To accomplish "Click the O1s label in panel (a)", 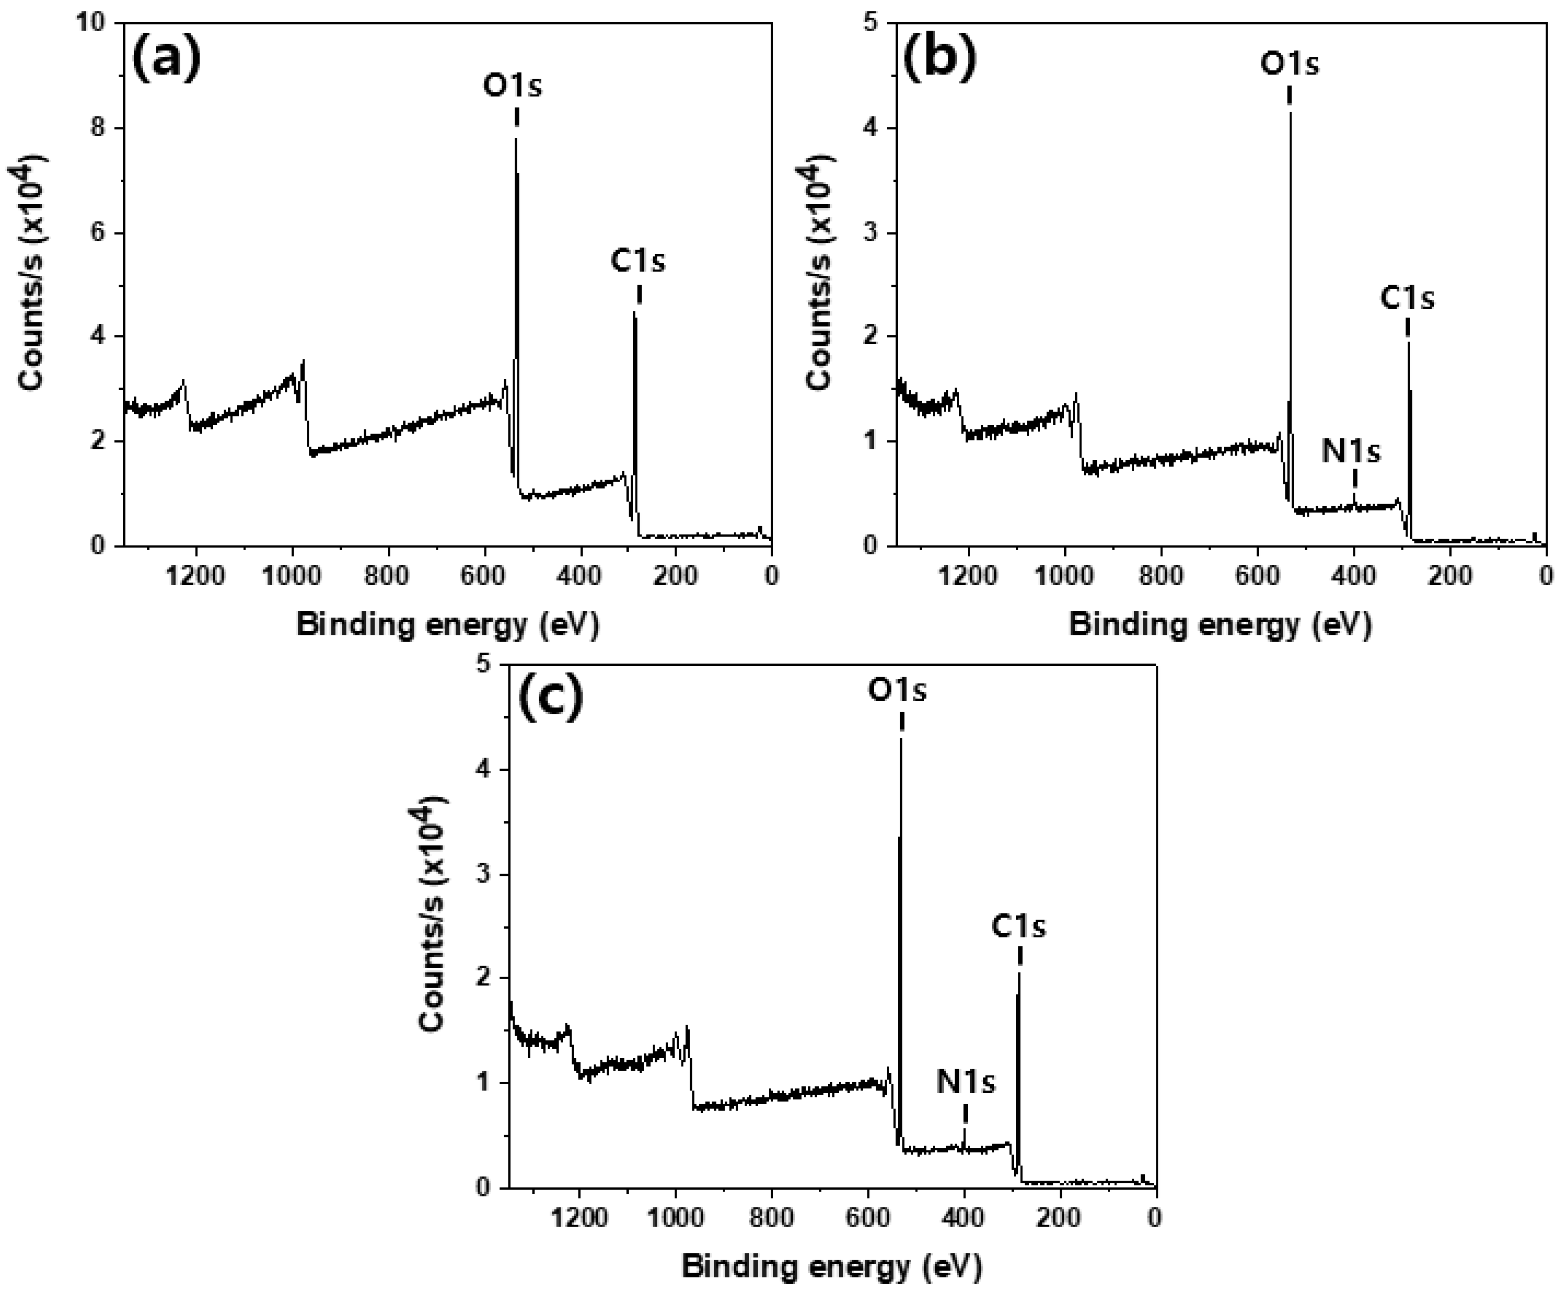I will tap(513, 86).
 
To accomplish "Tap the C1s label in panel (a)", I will tap(637, 261).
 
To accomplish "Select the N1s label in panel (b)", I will tap(1352, 451).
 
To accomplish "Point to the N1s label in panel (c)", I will tap(966, 1081).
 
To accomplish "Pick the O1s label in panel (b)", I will tap(1289, 64).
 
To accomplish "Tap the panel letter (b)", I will tap(939, 60).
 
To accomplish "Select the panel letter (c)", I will tap(550, 699).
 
